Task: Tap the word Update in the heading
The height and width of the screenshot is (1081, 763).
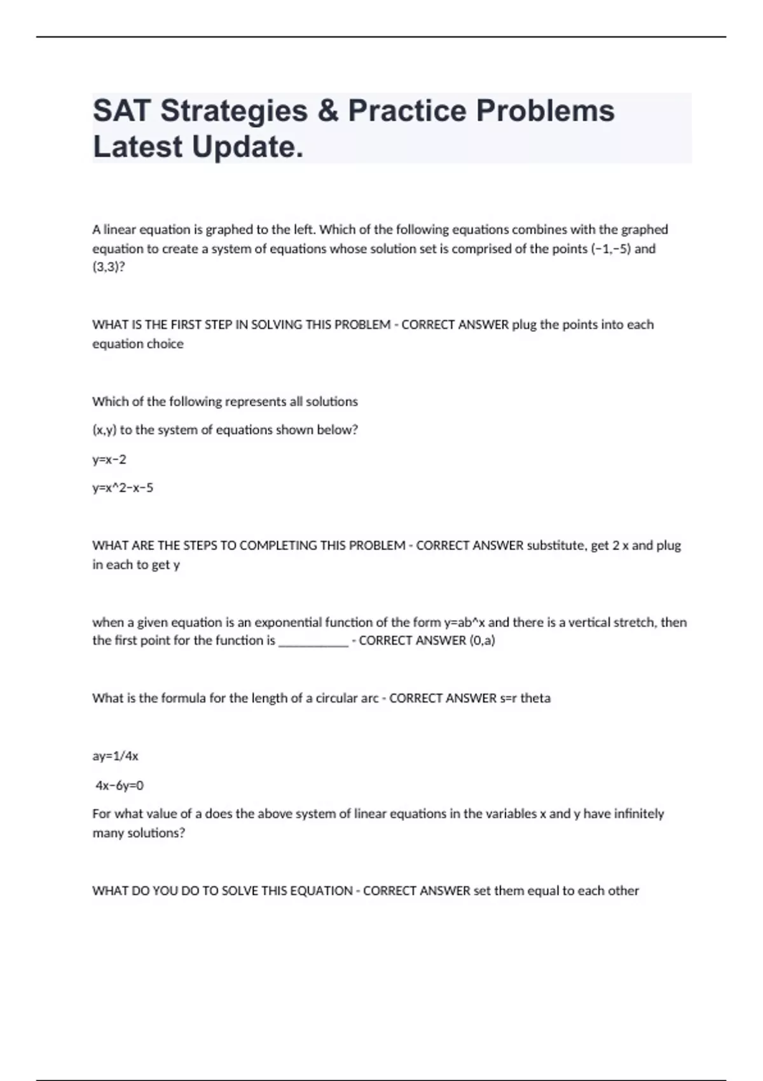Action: point(247,147)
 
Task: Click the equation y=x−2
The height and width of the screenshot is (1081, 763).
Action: point(109,459)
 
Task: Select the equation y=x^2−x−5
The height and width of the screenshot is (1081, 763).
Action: point(123,488)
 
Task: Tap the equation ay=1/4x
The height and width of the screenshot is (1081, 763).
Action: point(115,756)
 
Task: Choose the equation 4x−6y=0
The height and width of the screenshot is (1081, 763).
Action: point(120,785)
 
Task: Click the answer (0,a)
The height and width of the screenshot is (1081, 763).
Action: point(482,640)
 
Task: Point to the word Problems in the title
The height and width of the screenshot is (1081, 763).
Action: point(545,111)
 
